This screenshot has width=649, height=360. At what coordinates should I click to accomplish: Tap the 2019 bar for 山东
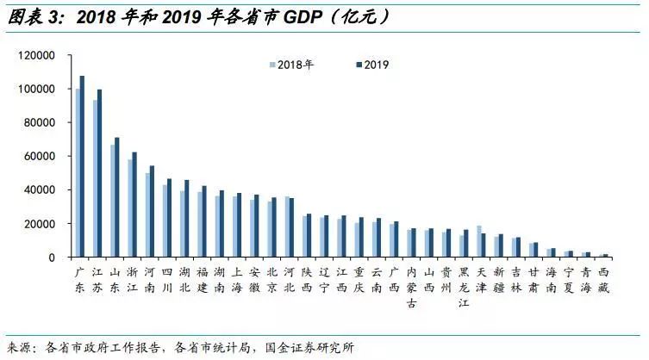(x=117, y=197)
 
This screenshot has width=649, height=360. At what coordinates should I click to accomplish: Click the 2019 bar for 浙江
(x=134, y=204)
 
